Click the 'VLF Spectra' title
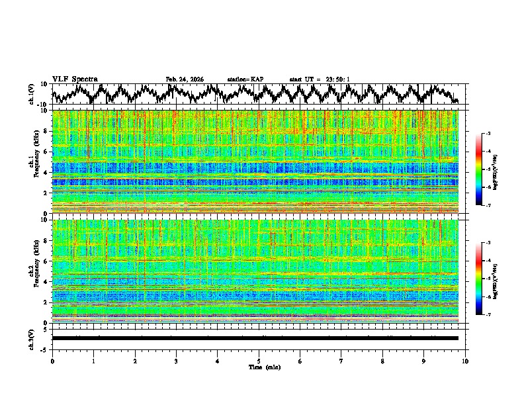pos(75,79)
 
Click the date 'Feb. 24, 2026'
pos(185,79)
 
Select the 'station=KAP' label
pos(245,79)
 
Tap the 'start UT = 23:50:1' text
pos(320,79)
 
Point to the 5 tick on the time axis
pos(259,361)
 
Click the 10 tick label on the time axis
pos(465,361)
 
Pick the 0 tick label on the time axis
pos(52,361)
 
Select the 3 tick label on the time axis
pos(176,361)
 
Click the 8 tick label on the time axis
pos(382,361)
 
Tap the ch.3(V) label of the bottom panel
pos(31,338)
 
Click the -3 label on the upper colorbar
pos(488,134)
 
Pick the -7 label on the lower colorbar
pos(488,315)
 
